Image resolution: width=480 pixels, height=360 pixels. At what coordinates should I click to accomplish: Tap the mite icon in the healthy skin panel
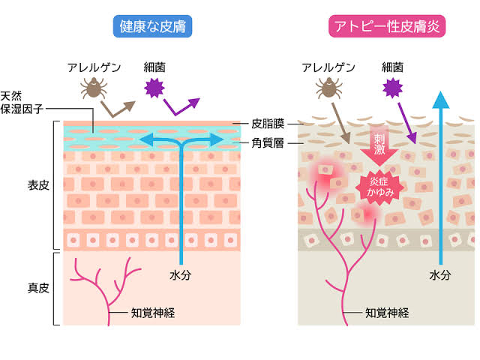pos(94,89)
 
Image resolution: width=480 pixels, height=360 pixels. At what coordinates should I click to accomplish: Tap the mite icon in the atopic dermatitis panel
pos(327,89)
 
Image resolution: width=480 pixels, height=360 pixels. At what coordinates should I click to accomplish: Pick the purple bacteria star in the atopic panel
pos(392,88)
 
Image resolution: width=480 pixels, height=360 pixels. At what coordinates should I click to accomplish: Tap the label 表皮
pos(37,184)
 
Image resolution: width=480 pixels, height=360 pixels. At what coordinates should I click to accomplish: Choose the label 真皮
pos(37,288)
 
